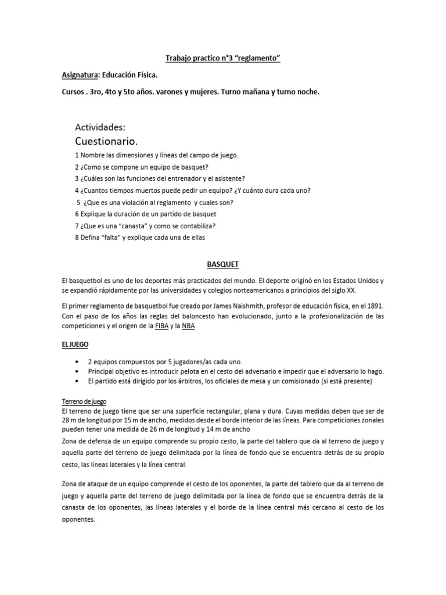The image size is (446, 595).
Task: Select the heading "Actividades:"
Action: pyautogui.click(x=100, y=127)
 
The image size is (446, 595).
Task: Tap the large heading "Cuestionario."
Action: pyautogui.click(x=106, y=141)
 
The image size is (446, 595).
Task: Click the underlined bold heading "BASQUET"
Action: pyautogui.click(x=223, y=263)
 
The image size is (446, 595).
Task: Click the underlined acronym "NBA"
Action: pyautogui.click(x=189, y=326)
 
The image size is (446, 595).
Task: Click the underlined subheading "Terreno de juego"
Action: pyautogui.click(x=84, y=402)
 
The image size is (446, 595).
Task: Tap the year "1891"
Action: pyautogui.click(x=373, y=305)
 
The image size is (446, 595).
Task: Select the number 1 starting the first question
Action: pyautogui.click(x=77, y=156)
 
